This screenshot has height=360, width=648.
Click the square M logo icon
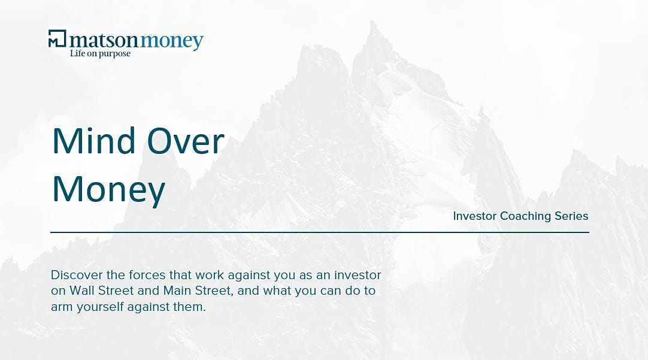pos(57,38)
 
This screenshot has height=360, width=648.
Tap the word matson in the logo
pos(104,40)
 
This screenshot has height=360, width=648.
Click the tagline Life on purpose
pos(100,54)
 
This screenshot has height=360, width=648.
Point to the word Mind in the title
pos(94,141)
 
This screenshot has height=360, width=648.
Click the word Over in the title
pos(186,142)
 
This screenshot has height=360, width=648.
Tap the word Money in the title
pos(108,190)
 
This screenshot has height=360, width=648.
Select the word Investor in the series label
pos(474,216)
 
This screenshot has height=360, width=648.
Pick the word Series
pos(571,216)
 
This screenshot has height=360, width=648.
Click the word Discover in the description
pos(77,275)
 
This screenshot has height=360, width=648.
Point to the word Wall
pos(79,291)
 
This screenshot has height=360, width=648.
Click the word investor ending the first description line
pos(358,275)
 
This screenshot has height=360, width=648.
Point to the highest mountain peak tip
pos(373,22)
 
